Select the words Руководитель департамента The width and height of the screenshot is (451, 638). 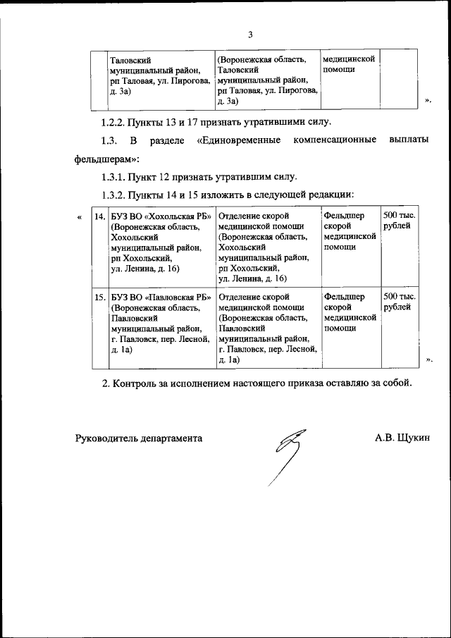pyautogui.click(x=139, y=438)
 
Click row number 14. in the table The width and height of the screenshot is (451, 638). pyautogui.click(x=100, y=216)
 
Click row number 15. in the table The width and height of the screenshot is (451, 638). pyautogui.click(x=100, y=297)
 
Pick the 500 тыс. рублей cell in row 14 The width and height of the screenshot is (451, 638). pyautogui.click(x=398, y=221)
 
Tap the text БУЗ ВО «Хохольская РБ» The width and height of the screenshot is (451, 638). pyautogui.click(x=161, y=216)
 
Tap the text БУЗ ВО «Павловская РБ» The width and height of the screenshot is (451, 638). pyautogui.click(x=161, y=297)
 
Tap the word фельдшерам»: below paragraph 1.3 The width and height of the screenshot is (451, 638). pyautogui.click(x=107, y=159)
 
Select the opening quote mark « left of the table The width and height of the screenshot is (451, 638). pyautogui.click(x=80, y=216)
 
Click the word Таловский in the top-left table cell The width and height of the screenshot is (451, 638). pyautogui.click(x=131, y=60)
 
